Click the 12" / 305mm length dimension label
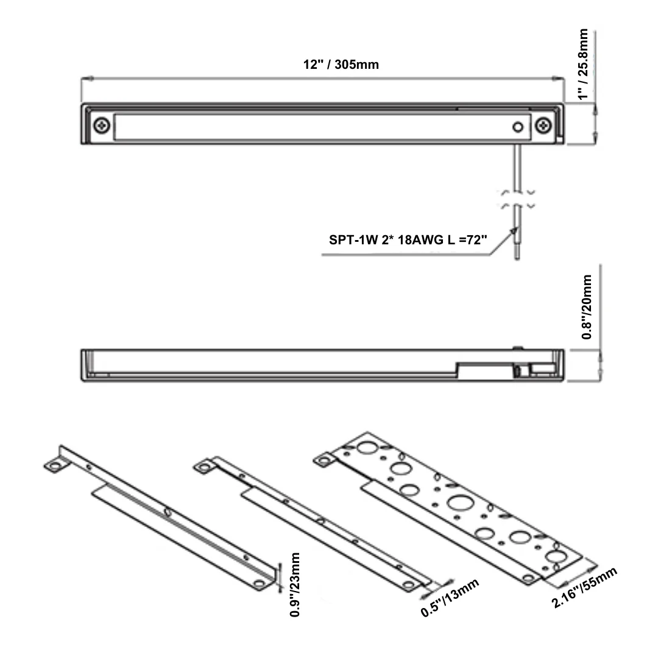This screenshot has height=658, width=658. pyautogui.click(x=341, y=65)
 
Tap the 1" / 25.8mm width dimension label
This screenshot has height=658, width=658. pyautogui.click(x=583, y=64)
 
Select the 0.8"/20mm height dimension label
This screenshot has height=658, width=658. pyautogui.click(x=587, y=306)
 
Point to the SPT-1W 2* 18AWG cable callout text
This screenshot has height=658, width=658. pyautogui.click(x=408, y=239)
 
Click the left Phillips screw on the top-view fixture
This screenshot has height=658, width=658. pyautogui.click(x=102, y=125)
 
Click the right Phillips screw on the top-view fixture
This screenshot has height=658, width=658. pyautogui.click(x=543, y=125)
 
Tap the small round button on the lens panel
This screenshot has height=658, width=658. pyautogui.click(x=518, y=127)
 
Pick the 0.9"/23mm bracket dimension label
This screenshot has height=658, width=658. pyautogui.click(x=295, y=584)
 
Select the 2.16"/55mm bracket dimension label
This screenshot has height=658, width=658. pyautogui.click(x=584, y=587)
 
